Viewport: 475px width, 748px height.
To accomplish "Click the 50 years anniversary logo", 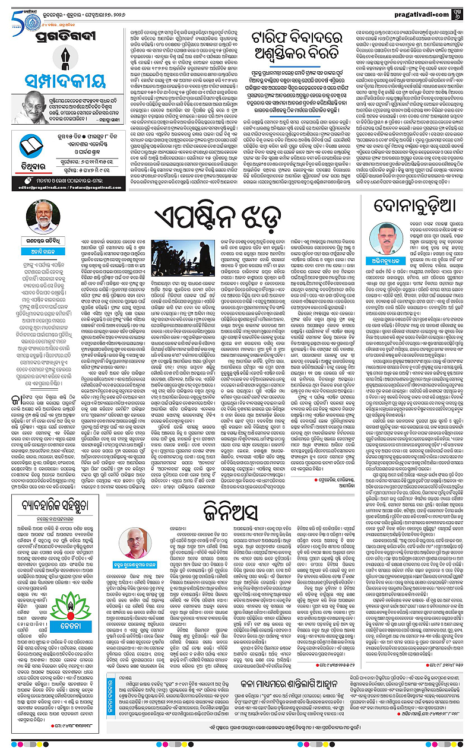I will (x=13, y=12).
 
